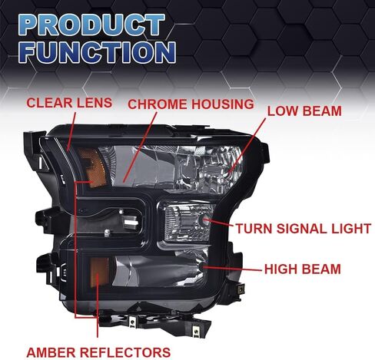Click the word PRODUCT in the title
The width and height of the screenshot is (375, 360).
click(x=91, y=25)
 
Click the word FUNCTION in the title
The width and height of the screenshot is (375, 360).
click(x=97, y=52)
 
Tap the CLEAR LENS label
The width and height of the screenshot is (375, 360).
click(x=69, y=103)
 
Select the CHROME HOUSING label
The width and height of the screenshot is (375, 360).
click(x=191, y=104)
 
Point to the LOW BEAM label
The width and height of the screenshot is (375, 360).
click(x=304, y=111)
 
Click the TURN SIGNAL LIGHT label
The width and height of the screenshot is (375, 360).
click(x=304, y=229)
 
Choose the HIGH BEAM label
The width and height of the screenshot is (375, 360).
click(x=302, y=269)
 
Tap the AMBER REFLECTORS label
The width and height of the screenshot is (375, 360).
click(x=98, y=352)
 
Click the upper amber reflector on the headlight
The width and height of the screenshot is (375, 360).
click(x=92, y=167)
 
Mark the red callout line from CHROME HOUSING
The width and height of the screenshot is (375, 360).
click(x=140, y=147)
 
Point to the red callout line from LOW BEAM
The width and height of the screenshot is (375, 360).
click(x=247, y=146)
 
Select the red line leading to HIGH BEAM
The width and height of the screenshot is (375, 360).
click(x=233, y=269)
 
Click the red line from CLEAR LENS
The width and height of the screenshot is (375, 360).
click(x=71, y=130)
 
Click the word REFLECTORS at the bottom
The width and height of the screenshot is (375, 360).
click(x=125, y=352)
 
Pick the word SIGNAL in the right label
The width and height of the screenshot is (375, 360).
click(x=303, y=229)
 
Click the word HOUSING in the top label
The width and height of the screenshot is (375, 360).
click(x=223, y=104)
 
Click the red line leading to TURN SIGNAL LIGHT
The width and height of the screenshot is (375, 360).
click(x=219, y=223)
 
